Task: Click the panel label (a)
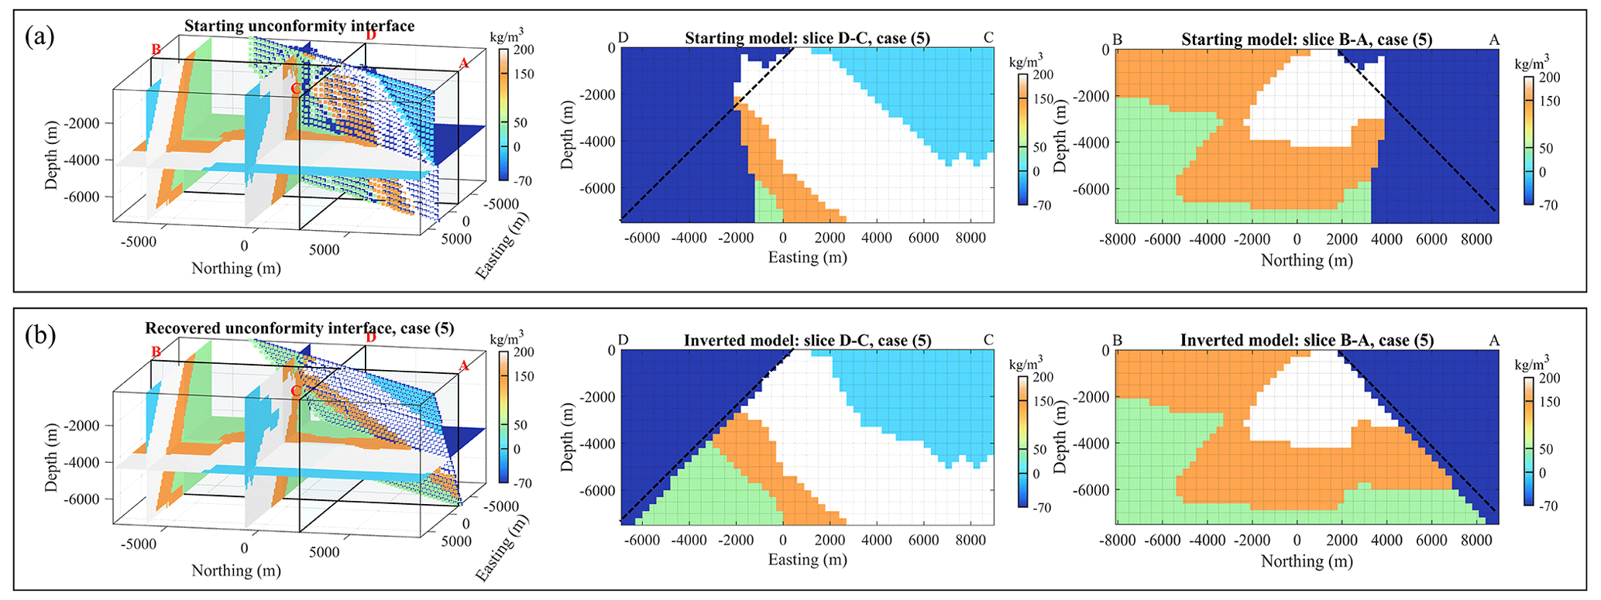[x=40, y=36]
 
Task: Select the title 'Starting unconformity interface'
[x=299, y=26]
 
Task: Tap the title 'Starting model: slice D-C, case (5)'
[x=807, y=38]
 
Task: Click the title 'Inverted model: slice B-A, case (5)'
[x=1307, y=340]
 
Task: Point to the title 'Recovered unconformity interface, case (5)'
[x=299, y=328]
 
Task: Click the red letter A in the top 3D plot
[x=464, y=63]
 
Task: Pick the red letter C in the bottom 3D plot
[x=295, y=391]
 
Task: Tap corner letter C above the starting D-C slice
[x=988, y=37]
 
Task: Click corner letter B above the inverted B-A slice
[x=1117, y=341]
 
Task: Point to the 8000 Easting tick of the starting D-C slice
[x=971, y=238]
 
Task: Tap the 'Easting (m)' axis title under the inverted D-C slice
[x=807, y=559]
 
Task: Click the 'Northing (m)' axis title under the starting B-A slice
[x=1307, y=260]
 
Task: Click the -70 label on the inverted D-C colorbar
[x=1043, y=508]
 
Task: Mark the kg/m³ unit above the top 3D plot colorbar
[x=507, y=35]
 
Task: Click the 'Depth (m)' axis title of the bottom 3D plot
[x=51, y=457]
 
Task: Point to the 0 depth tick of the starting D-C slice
[x=611, y=48]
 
